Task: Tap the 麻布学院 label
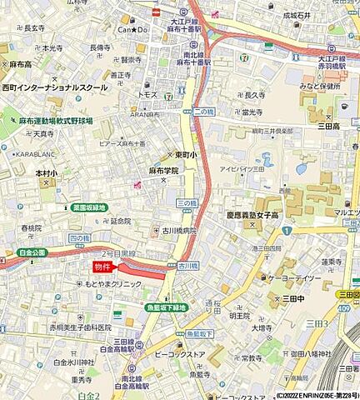164,170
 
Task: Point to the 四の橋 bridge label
79,238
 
